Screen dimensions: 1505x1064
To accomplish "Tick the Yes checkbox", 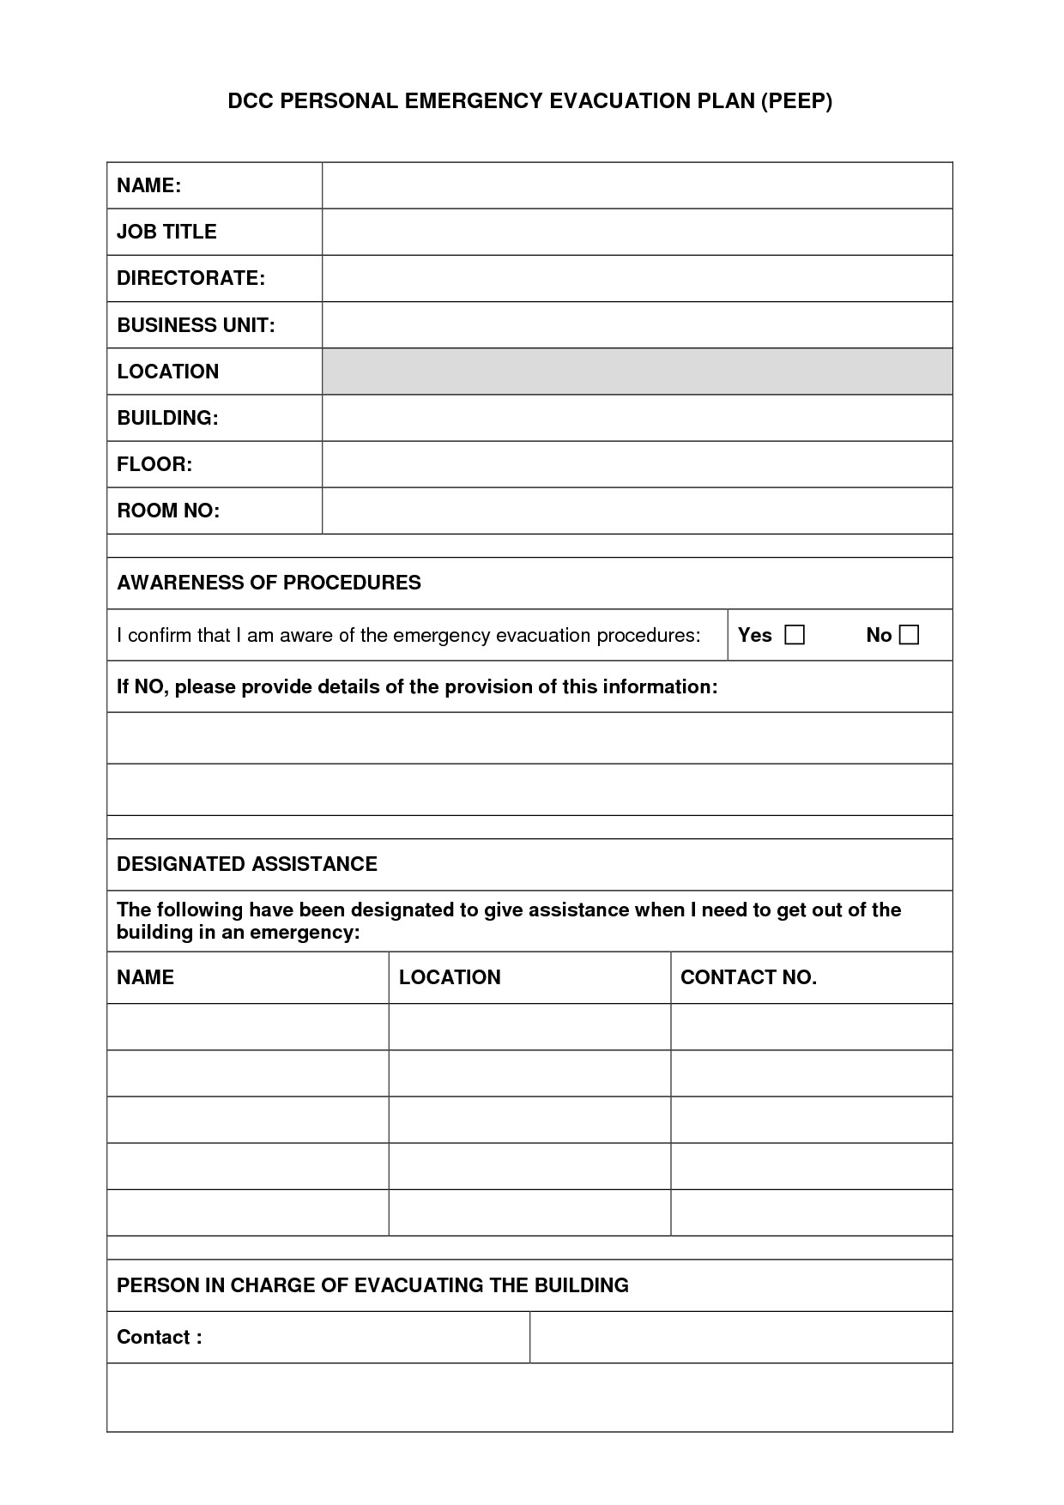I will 795,635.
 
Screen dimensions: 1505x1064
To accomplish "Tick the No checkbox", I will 909,635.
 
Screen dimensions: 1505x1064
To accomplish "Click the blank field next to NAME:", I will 637,185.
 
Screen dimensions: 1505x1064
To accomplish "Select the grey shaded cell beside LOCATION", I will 637,372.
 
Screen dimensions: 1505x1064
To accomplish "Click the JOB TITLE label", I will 166,232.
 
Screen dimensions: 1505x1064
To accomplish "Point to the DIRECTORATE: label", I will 190,278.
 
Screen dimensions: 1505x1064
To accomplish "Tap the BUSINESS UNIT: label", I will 196,325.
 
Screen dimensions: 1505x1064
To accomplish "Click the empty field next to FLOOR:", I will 637,464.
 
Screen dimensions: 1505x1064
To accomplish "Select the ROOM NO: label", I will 168,511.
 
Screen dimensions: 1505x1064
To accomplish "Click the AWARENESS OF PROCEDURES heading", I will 269,583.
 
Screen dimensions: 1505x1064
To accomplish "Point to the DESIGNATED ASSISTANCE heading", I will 247,864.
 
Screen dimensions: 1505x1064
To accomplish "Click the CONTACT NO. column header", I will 748,977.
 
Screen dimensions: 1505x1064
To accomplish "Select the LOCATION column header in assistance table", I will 450,977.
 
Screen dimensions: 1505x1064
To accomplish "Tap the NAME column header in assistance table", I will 145,977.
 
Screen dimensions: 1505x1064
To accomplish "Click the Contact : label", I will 160,1337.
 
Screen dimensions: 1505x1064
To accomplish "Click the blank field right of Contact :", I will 741,1337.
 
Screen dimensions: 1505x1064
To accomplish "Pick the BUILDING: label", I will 167,418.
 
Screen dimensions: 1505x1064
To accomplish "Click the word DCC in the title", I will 250,101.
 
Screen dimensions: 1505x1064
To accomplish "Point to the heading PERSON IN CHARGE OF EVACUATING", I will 372,1285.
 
